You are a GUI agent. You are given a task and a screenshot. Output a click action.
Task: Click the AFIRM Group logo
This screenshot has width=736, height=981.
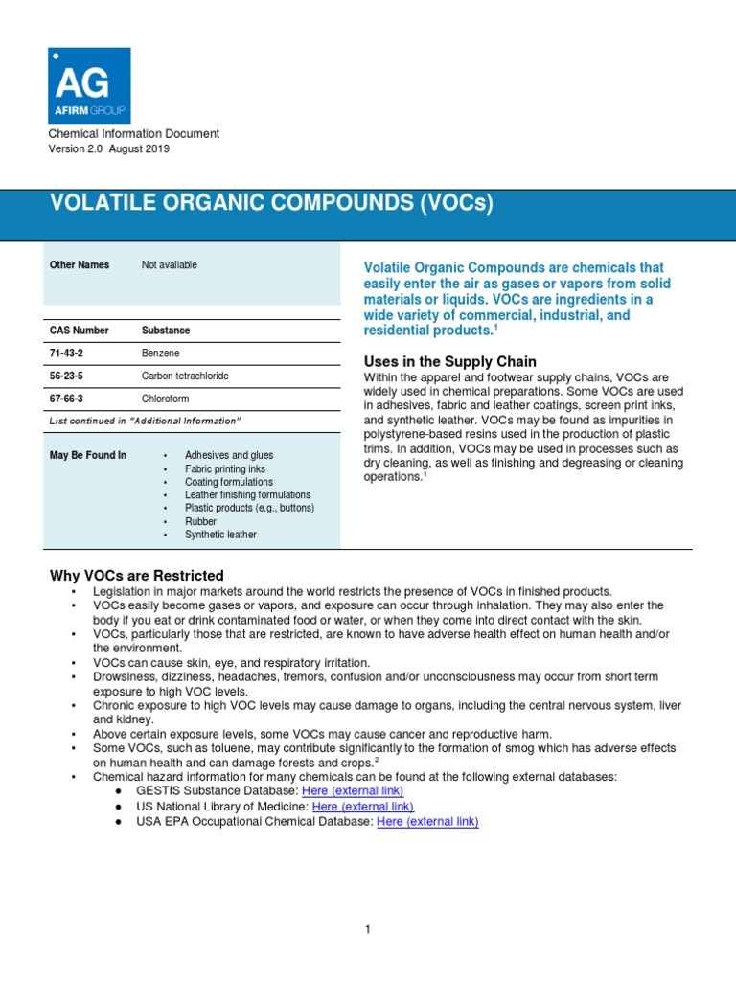coord(89,85)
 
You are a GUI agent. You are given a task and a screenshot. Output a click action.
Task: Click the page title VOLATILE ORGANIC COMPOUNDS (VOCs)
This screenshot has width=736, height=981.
coord(270,204)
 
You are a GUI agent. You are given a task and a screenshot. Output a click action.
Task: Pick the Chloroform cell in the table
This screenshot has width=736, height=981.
coord(165,399)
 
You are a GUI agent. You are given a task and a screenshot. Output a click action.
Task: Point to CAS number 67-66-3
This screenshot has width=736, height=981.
coord(68,399)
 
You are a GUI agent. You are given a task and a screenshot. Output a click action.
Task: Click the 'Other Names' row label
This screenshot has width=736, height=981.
coord(80,265)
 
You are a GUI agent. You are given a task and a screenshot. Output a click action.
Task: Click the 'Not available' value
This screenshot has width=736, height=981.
coord(170,265)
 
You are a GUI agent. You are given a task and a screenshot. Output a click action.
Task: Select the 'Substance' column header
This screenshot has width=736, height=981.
coord(166,331)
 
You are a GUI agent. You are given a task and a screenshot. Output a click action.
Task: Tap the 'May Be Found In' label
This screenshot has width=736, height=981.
coord(88,455)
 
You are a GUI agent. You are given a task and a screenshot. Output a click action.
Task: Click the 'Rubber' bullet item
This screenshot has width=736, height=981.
coord(200,522)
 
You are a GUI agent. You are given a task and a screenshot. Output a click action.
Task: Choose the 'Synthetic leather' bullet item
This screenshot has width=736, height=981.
coord(220,536)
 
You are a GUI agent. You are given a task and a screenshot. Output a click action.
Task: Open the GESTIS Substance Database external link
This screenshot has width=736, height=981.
coord(352,790)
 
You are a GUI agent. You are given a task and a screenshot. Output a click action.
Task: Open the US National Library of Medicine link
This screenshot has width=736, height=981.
coord(362,807)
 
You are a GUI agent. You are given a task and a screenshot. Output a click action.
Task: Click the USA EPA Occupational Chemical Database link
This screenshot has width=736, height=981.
coord(427,822)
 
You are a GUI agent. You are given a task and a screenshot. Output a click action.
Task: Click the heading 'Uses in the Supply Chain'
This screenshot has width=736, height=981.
coord(449,361)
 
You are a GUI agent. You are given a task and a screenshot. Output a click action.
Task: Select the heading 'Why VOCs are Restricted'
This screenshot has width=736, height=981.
coord(136,576)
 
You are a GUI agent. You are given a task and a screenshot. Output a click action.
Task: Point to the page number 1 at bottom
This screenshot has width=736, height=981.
coord(367,929)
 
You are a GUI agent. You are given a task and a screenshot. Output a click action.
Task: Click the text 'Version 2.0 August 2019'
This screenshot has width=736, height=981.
coord(111,149)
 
